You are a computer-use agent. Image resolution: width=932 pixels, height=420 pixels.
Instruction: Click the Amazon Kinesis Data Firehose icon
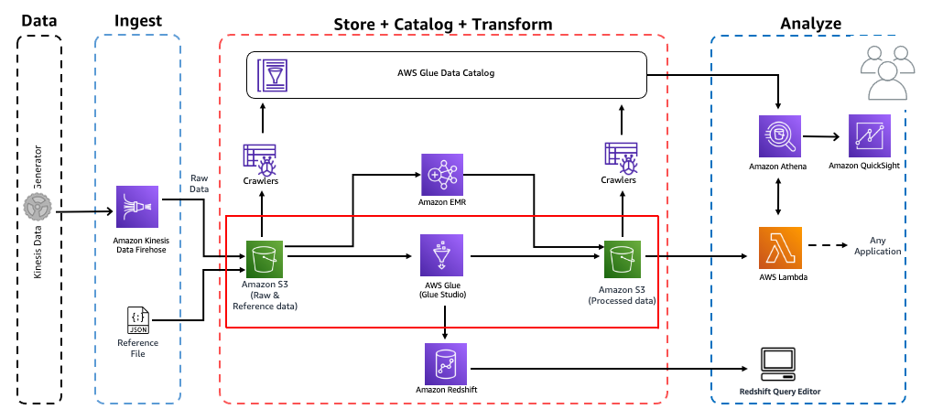click(137, 208)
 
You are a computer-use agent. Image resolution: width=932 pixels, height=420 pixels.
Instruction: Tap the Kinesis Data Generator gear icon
click(38, 211)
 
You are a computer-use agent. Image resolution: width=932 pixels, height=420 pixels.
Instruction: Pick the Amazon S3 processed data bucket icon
click(623, 258)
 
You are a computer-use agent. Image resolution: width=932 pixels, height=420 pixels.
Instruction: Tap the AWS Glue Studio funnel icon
click(443, 255)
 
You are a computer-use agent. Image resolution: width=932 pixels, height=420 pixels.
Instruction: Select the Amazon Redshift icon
click(444, 363)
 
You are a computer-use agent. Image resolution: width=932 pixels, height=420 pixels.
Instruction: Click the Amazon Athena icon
click(780, 135)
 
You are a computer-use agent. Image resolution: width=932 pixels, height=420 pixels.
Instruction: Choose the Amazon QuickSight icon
click(871, 135)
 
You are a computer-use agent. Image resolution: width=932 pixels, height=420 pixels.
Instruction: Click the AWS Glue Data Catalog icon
click(272, 73)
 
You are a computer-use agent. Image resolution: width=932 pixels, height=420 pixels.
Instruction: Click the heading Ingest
click(138, 21)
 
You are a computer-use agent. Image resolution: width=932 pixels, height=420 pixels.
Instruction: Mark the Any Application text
click(877, 245)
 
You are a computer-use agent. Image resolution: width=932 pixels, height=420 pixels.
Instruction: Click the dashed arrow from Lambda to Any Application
click(825, 246)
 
